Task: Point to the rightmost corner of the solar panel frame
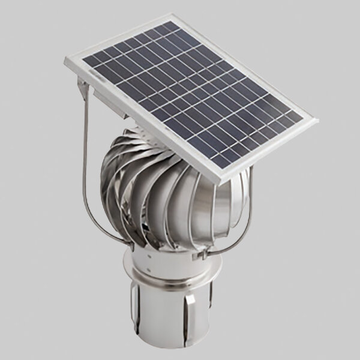(x=317, y=119)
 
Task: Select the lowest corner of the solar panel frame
(x=227, y=182)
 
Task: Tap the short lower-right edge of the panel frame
(x=273, y=150)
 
